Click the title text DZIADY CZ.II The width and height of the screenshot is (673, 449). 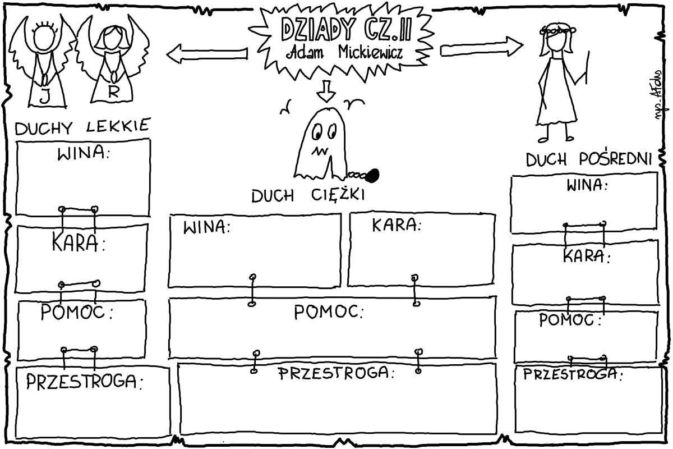point(345,30)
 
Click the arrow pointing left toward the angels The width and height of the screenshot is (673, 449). point(206,53)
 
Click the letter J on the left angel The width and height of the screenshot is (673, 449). point(44,97)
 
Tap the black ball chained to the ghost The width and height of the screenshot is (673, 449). point(374,176)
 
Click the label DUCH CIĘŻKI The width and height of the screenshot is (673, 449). point(308,196)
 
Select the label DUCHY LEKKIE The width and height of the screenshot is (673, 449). point(82,127)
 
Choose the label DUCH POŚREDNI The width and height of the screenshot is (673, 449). point(588,160)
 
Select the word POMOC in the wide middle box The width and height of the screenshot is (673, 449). point(328,312)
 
